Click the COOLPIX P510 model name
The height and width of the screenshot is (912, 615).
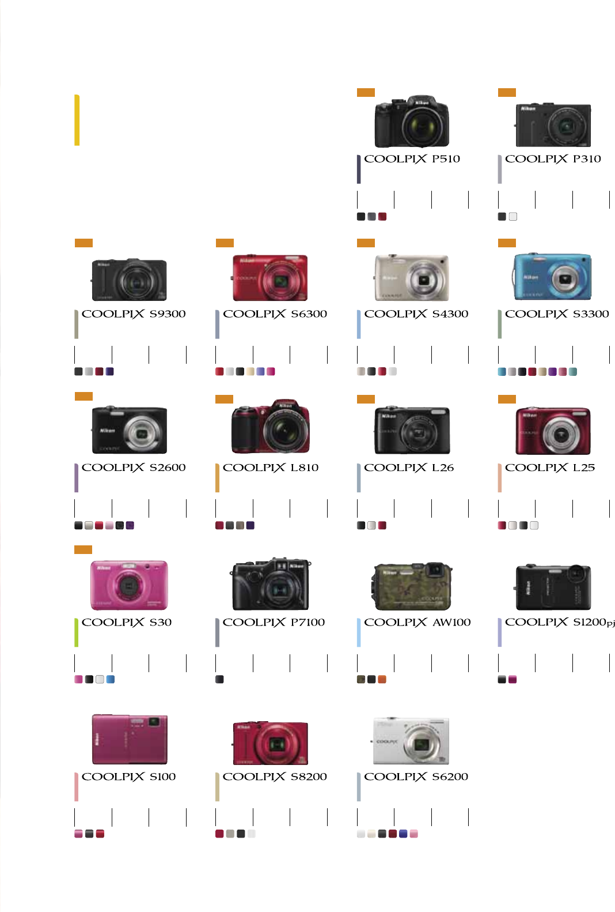[412, 159]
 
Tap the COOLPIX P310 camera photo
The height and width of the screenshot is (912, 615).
[553, 125]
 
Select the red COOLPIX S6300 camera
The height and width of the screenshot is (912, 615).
[269, 278]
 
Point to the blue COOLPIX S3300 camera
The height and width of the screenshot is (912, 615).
[552, 277]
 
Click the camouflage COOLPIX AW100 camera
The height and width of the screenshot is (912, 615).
[412, 587]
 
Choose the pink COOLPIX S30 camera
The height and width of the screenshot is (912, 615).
[129, 585]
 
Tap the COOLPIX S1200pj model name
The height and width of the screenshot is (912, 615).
[559, 623]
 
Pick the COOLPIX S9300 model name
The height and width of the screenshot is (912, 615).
[134, 314]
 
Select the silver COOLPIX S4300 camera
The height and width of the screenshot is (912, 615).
[411, 278]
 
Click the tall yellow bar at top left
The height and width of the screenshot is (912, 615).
[77, 120]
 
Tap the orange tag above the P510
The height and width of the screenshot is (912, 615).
[366, 92]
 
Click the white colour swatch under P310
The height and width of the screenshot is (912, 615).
[513, 217]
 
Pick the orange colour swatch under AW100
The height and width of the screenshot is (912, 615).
[382, 680]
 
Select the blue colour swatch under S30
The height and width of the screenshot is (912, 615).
[111, 680]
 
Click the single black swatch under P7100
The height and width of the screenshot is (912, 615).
[219, 680]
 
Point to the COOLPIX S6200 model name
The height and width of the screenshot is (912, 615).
[416, 777]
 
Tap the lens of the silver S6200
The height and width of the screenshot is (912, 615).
[422, 744]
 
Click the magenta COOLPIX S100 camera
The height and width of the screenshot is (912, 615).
[130, 740]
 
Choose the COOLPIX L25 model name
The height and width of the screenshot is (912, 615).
[549, 468]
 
